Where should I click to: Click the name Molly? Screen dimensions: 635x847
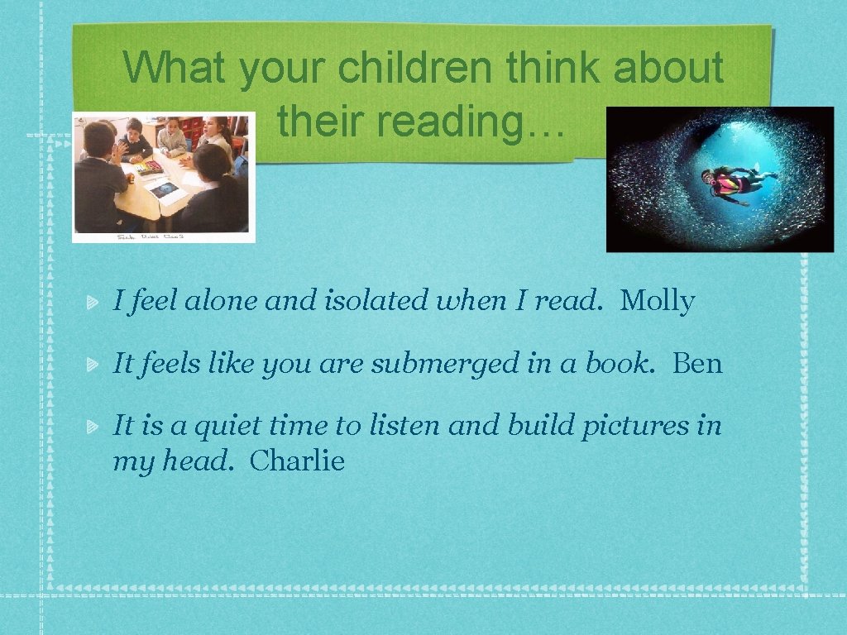coord(657,302)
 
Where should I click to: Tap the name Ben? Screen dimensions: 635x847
coord(697,364)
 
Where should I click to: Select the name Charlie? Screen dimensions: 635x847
coord(296,461)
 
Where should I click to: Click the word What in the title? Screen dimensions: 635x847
coord(175,69)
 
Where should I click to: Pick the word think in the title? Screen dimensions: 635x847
coord(553,69)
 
